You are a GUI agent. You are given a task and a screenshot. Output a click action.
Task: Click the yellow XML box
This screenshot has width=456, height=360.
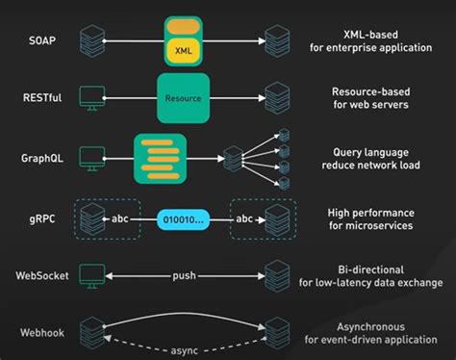point(183,46)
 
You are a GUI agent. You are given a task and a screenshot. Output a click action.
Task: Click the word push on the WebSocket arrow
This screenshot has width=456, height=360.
point(184,275)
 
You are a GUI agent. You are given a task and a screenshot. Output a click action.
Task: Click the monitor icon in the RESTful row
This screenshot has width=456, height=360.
point(91,98)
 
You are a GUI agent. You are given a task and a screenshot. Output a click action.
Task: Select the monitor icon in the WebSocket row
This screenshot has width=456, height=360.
point(91,275)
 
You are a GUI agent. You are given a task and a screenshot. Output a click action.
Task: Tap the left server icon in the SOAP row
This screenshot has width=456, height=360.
point(91,41)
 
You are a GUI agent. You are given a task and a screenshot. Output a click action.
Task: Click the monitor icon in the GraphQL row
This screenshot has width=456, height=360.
point(91,156)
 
